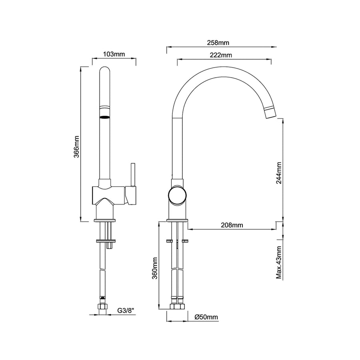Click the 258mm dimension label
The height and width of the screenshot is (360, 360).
[218, 43]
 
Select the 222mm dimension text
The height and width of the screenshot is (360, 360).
[221, 55]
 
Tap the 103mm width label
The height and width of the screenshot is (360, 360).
[114, 54]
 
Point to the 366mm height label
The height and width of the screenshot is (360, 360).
[76, 147]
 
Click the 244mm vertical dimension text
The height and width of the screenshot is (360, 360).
[279, 173]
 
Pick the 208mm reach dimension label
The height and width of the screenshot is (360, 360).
[232, 225]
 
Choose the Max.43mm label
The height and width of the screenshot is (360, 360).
[279, 262]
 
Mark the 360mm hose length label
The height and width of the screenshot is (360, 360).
[155, 268]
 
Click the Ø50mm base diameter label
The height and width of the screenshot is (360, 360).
[206, 317]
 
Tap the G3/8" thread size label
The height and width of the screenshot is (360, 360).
[125, 311]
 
